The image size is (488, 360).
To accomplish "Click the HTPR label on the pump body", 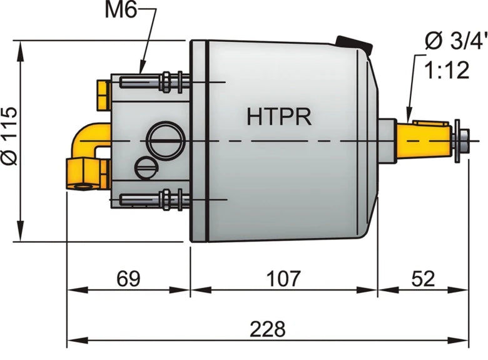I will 279,116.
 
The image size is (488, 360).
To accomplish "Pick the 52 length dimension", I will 424,277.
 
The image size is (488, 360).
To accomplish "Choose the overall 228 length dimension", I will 267,327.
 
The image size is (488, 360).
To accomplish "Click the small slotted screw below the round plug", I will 145,168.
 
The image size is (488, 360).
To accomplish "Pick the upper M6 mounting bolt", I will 153,81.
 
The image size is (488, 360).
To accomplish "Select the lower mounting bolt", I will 153,200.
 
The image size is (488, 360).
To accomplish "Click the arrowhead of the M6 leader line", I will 140,69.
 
